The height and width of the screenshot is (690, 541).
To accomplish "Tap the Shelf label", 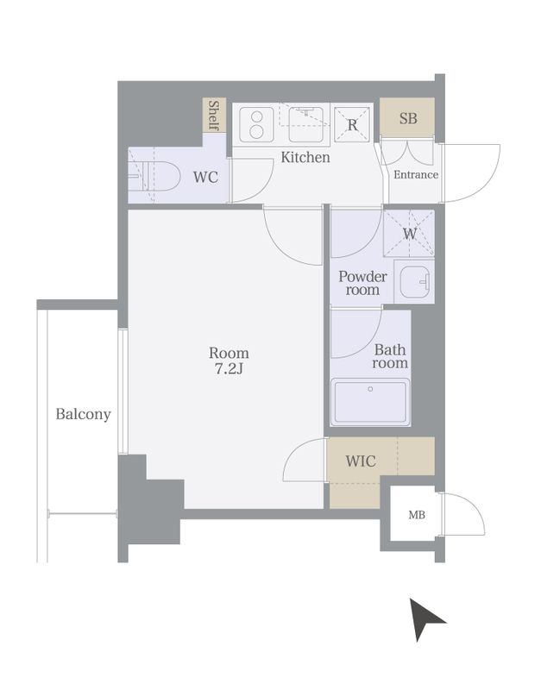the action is tap(214, 116).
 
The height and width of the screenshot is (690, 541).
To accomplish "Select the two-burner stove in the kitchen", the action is tap(256, 124).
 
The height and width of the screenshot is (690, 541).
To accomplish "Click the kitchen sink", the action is tap(306, 124).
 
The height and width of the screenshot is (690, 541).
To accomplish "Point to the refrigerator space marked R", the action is tap(352, 124).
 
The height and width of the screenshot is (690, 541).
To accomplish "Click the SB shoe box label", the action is tap(408, 118).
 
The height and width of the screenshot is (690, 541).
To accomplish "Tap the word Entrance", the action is tap(416, 175).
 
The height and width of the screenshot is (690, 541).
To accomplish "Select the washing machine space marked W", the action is tap(409, 233).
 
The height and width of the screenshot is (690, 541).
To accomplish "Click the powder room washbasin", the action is tap(415, 281).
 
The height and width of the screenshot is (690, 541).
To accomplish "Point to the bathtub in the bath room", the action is tap(370, 402).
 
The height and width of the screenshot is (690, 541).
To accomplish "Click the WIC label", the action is tap(361, 461).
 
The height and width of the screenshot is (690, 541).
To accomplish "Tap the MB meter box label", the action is tap(417, 514).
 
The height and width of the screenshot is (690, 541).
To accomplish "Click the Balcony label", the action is tap(83, 414).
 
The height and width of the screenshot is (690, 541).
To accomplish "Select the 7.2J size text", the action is tap(229, 369).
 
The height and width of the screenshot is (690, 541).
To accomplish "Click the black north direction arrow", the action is tap(425, 618).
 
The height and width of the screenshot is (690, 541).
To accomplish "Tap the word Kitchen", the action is tap(305, 157).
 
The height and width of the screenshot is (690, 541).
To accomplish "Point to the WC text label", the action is tap(205, 178).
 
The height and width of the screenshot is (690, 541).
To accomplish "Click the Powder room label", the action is tap(362, 283).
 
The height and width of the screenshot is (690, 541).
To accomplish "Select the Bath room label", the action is tap(390, 356).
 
